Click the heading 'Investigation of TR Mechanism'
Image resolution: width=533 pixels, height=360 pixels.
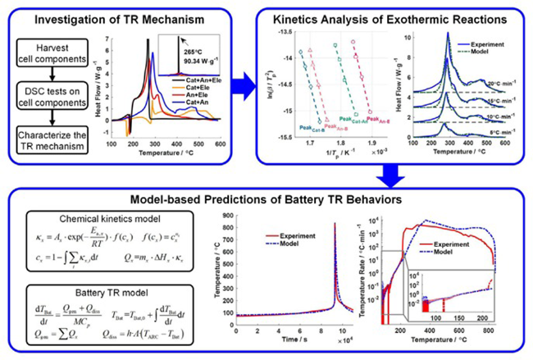click(116, 17)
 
